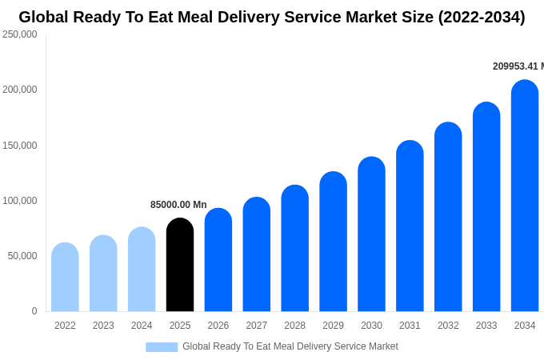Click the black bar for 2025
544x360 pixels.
(x=180, y=265)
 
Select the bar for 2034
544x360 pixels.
(x=525, y=196)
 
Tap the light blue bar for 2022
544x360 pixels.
(x=65, y=277)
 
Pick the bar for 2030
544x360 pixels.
(x=371, y=234)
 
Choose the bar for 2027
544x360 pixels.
(x=257, y=254)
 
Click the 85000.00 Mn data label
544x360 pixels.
(x=178, y=205)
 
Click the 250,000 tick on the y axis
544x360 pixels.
(x=20, y=34)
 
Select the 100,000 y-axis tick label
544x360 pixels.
(x=20, y=201)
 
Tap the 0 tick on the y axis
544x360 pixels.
(x=34, y=311)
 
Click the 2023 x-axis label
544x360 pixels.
(x=103, y=326)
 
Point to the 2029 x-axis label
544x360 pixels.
(x=333, y=326)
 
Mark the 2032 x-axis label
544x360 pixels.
(x=448, y=326)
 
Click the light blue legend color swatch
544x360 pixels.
(x=162, y=347)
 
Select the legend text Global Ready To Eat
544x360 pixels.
(x=290, y=346)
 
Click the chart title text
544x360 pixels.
(x=272, y=17)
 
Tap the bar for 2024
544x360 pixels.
(x=142, y=270)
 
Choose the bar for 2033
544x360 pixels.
(x=486, y=207)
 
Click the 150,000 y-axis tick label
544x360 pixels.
(x=20, y=146)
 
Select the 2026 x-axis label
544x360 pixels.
(x=218, y=326)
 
